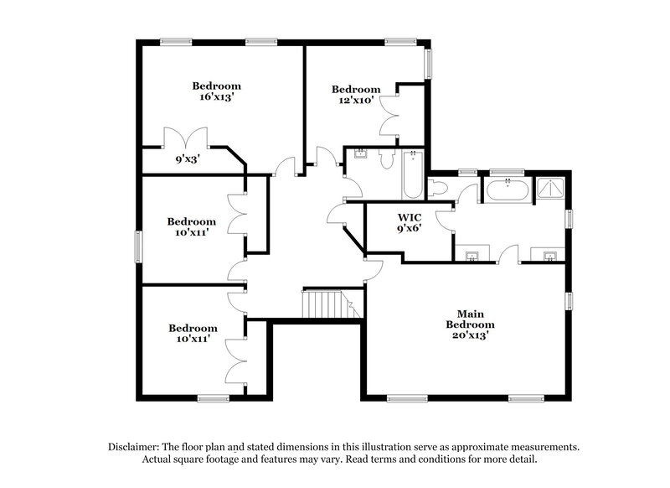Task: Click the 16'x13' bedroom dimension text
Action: coord(216,97)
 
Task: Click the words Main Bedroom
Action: coord(469,318)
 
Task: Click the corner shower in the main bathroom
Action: coord(550,189)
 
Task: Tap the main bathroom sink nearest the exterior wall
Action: coord(550,255)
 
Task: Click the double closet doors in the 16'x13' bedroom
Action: coord(184,138)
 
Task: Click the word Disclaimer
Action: coord(135,447)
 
